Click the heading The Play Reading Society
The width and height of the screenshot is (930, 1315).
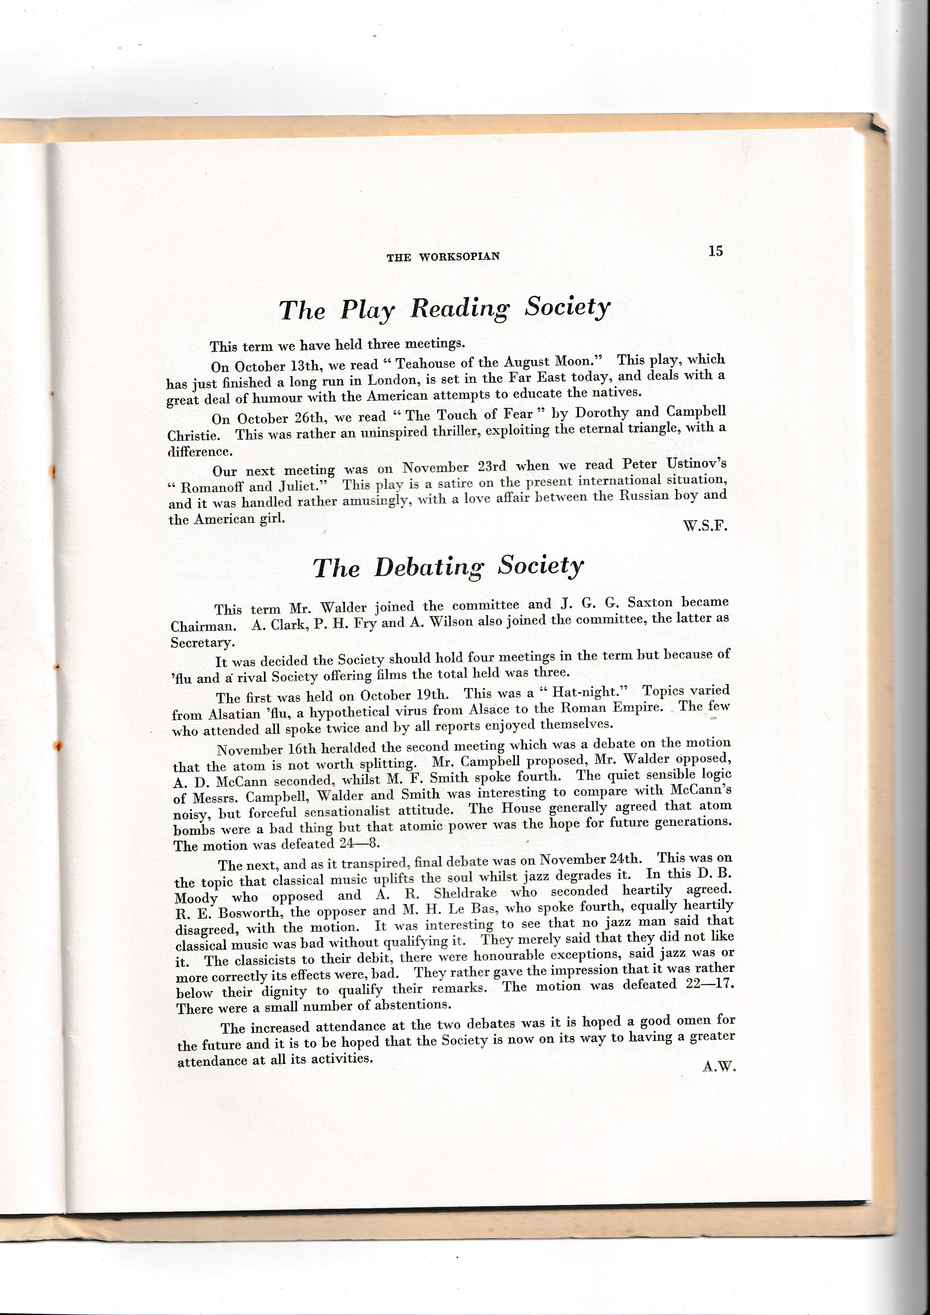444,309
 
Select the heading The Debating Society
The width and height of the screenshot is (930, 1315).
448,567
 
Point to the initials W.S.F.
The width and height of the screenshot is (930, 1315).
705,526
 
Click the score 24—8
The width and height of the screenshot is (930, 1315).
360,844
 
